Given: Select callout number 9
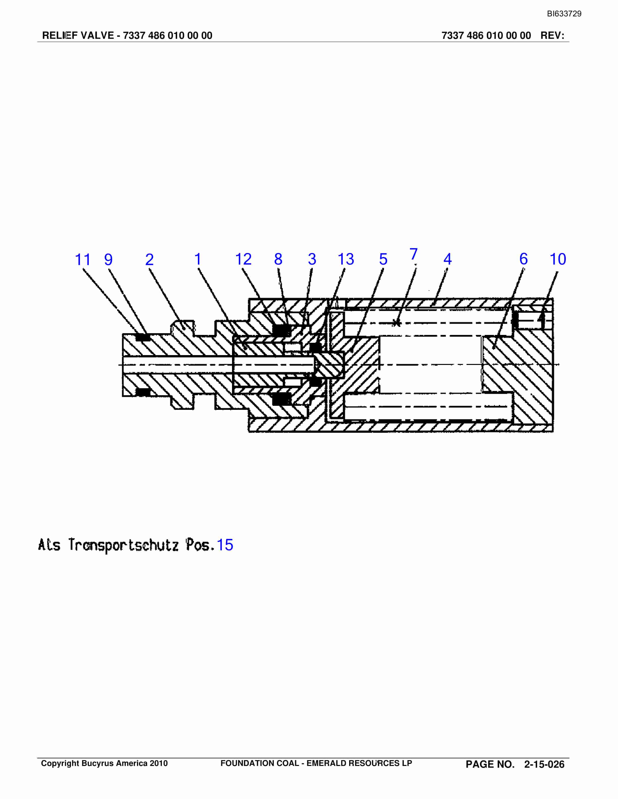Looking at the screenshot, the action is coord(108,260).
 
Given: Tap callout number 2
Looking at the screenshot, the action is coord(149,260).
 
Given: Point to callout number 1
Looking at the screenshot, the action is coord(198,259).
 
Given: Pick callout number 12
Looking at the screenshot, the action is coord(243,259).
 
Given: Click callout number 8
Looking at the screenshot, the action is coord(278,259).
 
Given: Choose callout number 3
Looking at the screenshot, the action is coord(312,259).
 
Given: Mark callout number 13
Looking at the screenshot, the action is coord(346,259).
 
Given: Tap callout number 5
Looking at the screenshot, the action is coord(383,259).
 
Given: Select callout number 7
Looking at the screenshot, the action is coord(413,254).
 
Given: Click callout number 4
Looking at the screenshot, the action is coord(447,259).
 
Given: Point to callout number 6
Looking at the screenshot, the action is coord(524,259).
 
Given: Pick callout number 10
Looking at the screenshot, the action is coord(558,259).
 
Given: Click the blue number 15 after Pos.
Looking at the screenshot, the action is coord(225,545).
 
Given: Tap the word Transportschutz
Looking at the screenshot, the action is coord(123,545).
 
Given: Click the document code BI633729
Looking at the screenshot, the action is coord(564,14).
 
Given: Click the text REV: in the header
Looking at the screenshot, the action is coord(552,36).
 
